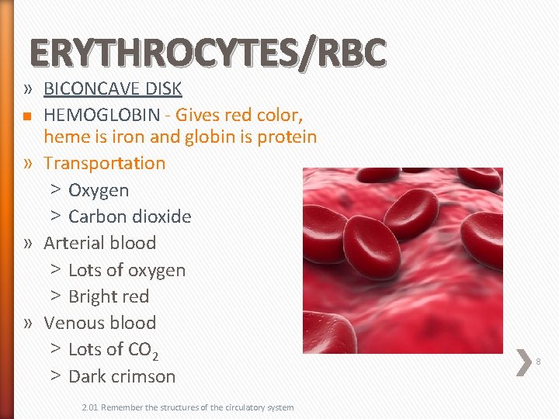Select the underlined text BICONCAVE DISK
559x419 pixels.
coord(112,88)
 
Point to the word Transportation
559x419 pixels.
coord(105,163)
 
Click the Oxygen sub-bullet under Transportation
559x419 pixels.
coord(99,190)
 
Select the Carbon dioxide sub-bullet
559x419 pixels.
coord(130,216)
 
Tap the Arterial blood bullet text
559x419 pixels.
coord(100,243)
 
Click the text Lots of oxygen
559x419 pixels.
coord(127,270)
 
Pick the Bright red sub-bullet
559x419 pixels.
coord(109,296)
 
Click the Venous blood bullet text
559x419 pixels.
coord(100,323)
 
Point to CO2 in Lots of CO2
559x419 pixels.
coord(144,351)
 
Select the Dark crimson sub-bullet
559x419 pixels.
coord(122,376)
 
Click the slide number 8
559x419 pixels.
coord(538,362)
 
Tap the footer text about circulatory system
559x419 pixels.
coord(186,407)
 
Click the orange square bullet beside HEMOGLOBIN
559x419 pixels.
coord(26,116)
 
